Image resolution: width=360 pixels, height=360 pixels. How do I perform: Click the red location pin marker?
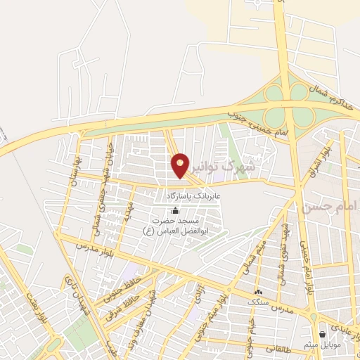point(180,164)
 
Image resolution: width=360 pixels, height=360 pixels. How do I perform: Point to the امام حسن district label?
point(330,207)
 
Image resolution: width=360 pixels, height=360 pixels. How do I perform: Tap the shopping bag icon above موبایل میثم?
point(323,335)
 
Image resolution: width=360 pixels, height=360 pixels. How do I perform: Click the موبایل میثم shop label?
point(323,345)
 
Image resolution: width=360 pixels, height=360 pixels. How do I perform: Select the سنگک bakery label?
point(258,301)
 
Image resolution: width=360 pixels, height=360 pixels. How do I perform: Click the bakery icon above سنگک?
point(258,291)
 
